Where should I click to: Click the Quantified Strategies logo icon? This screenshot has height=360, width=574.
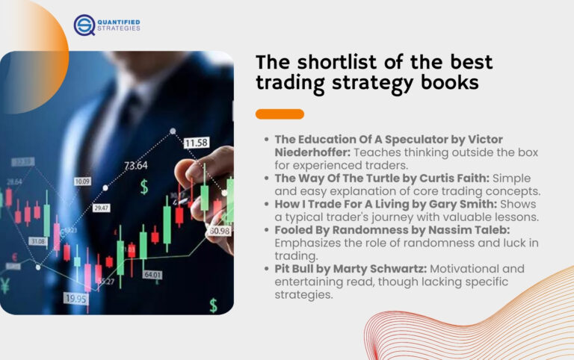pos(84,25)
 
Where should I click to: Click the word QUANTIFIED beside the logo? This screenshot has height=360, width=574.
pos(118,22)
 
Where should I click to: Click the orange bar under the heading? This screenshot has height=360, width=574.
pos(280,114)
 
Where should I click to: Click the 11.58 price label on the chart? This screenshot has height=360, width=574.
pos(196,142)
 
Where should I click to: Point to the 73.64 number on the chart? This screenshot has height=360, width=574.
pos(135,165)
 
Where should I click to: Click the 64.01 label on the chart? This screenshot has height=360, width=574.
pos(152,274)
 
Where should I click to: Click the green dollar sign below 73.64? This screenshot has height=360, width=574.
pos(144,187)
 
